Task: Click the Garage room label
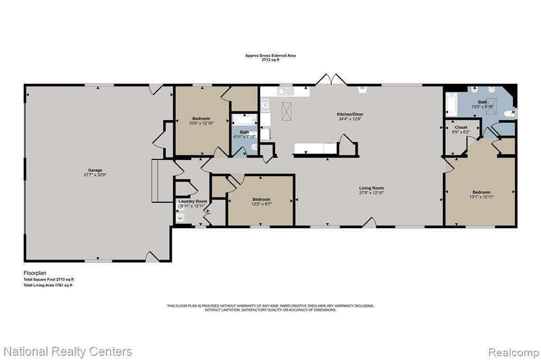pos(95,170)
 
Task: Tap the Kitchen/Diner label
pos(350,114)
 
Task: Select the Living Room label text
pos(371,188)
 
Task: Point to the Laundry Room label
pos(193,202)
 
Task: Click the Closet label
pos(461,127)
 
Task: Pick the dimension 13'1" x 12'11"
pos(481,197)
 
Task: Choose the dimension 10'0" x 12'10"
pos(201,123)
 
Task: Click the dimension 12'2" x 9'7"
pos(261,204)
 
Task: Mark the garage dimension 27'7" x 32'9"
pos(95,175)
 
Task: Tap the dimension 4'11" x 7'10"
pos(244,137)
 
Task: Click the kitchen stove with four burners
pos(265,105)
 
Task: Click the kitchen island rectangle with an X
pos(286,111)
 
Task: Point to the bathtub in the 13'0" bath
pos(451,105)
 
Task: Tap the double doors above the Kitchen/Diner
pos(331,79)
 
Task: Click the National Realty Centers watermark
pos(68,352)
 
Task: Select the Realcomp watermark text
pos(513,353)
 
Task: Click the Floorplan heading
pos(35,273)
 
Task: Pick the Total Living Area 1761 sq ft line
pos(48,285)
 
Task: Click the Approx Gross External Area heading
pos(270,55)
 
